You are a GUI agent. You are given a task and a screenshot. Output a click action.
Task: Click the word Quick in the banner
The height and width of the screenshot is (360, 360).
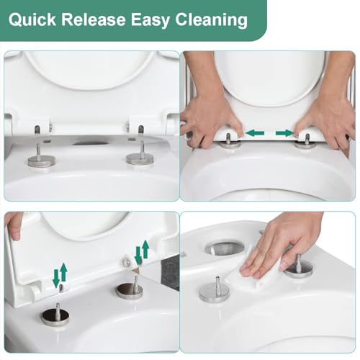(x=32, y=19)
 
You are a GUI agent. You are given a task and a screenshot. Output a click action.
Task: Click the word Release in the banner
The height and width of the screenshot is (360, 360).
(x=94, y=19)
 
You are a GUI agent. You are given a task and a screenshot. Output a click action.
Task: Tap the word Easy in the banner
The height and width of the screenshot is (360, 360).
(x=150, y=20)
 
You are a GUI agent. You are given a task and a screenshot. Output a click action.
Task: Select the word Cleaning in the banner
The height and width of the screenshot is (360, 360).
(x=212, y=20)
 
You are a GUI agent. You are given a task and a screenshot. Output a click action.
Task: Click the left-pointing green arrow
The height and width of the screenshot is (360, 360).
(x=255, y=132)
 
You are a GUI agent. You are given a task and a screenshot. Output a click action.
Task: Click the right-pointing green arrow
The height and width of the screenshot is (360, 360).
(x=285, y=132)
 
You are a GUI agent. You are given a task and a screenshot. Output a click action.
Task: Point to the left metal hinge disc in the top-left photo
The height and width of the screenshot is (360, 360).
(x=42, y=161)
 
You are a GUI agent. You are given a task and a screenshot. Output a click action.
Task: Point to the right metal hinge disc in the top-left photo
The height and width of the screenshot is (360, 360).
(x=140, y=158)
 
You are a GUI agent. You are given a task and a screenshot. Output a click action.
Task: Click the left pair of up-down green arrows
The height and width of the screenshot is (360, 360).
(x=60, y=274)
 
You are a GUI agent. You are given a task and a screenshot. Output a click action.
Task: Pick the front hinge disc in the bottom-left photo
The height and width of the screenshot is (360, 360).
(x=55, y=317)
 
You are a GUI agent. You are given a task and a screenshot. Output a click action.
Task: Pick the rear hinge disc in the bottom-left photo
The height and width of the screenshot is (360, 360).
(x=130, y=291)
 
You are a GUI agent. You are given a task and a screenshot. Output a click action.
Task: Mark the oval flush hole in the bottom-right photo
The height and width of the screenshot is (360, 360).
(x=225, y=248)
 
